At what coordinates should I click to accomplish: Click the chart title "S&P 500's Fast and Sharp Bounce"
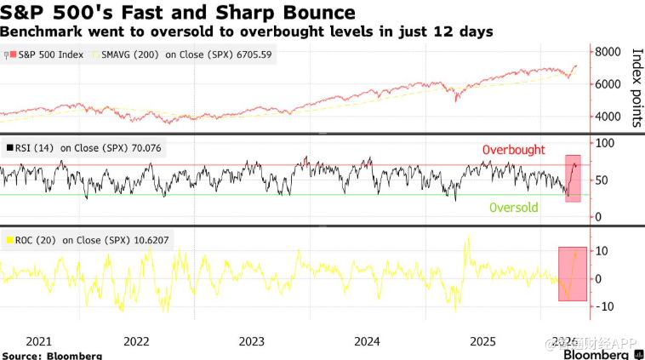(178, 13)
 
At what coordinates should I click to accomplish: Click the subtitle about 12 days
(247, 31)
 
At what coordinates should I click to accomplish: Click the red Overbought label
(513, 150)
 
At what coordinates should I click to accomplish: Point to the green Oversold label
(512, 207)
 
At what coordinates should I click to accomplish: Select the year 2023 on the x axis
(252, 341)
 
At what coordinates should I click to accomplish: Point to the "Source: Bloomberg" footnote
(52, 355)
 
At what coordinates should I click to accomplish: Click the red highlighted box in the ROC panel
(572, 272)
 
